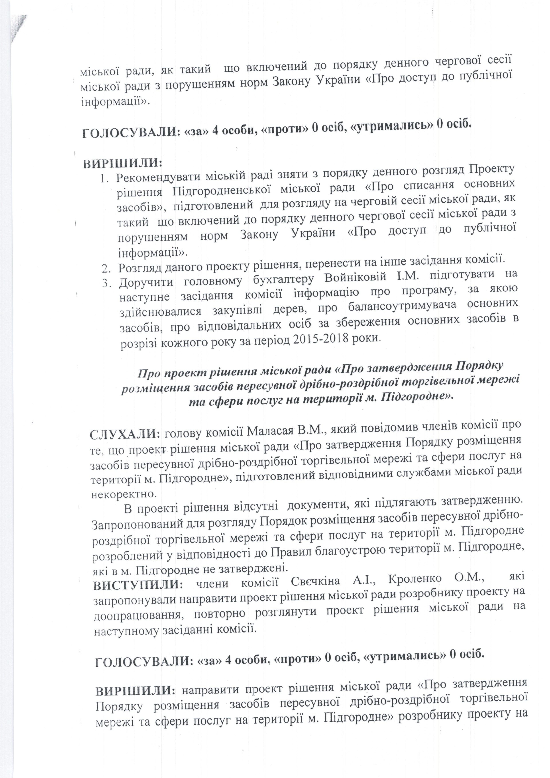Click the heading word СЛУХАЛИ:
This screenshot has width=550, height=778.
click(x=124, y=434)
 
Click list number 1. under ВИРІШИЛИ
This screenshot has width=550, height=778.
click(x=106, y=178)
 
